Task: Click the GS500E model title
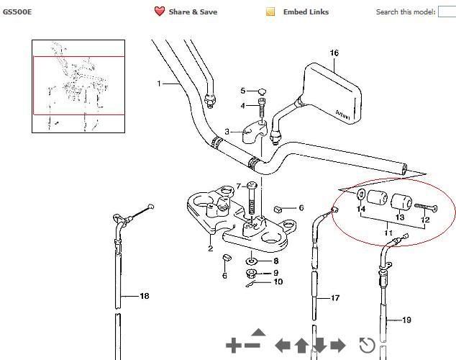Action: [17, 12]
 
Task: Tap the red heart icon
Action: [160, 12]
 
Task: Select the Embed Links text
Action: [306, 12]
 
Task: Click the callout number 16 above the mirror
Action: [334, 53]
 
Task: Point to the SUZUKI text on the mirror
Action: [343, 114]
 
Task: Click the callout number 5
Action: [243, 91]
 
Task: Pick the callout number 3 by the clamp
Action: [227, 132]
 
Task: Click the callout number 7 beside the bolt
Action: [239, 186]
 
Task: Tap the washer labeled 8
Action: [251, 261]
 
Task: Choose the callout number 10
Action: [278, 282]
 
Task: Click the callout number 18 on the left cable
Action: [145, 296]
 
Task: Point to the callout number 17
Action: [335, 298]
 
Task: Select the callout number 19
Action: [406, 320]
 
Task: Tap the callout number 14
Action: [361, 209]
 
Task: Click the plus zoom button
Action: [233, 346]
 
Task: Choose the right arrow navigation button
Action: [338, 346]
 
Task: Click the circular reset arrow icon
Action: [367, 345]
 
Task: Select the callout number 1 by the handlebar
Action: [159, 84]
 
